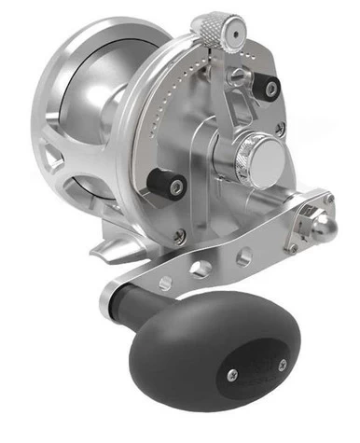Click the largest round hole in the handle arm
200,268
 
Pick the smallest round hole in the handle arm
166,282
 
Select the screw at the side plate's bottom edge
179,237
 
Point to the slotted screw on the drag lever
240,73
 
